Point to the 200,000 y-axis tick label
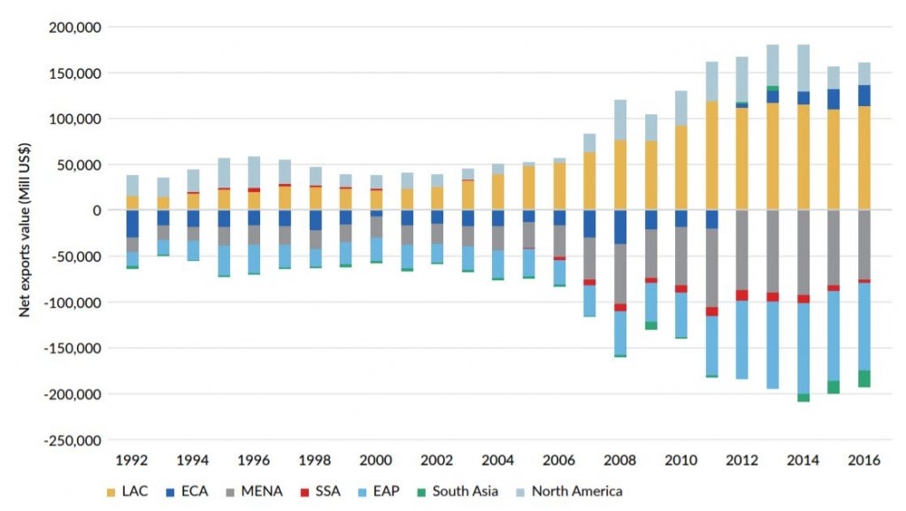click(x=74, y=27)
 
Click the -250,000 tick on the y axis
click(x=72, y=439)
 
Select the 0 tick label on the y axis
click(x=97, y=210)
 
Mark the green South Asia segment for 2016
click(x=864, y=378)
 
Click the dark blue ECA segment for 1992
click(x=132, y=223)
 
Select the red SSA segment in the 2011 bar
click(x=711, y=311)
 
